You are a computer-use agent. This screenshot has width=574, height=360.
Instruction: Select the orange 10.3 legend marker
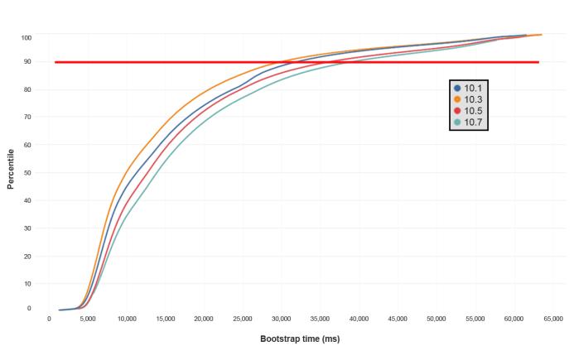(x=457, y=99)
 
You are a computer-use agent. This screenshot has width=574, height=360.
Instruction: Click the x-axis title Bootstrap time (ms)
(x=300, y=338)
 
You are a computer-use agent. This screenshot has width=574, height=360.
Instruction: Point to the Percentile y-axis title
(x=11, y=169)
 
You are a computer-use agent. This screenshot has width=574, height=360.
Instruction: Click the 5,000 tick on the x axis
(x=88, y=318)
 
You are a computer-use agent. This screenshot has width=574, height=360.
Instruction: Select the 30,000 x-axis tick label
(x=282, y=318)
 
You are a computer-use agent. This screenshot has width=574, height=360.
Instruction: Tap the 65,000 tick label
(x=552, y=318)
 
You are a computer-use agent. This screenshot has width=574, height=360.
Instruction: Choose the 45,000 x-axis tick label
(x=398, y=318)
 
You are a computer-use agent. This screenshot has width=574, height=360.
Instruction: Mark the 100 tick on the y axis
(x=27, y=38)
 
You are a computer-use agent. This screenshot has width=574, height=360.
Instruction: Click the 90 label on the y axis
(x=27, y=62)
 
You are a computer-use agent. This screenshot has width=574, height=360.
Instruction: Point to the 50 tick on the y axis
(x=27, y=173)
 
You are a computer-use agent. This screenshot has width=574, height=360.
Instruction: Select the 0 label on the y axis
(x=29, y=308)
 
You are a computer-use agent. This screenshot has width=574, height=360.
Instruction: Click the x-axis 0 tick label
(x=50, y=318)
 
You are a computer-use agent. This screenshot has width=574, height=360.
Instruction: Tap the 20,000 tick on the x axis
(x=204, y=318)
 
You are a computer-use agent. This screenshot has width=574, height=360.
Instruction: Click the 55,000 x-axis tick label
(x=475, y=318)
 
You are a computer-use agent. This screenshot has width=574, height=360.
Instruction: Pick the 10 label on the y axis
(x=27, y=284)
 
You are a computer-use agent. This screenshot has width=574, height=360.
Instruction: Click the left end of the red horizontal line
(x=56, y=62)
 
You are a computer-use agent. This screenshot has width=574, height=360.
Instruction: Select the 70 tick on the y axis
(x=27, y=118)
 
